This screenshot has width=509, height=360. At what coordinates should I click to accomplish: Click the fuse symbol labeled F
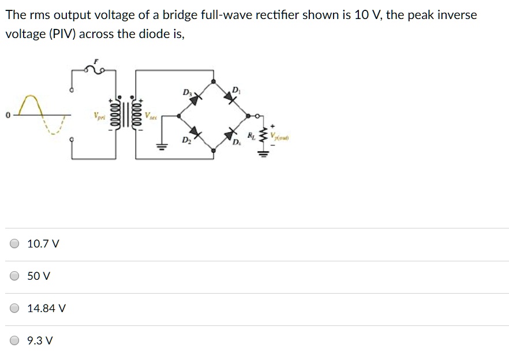(96, 70)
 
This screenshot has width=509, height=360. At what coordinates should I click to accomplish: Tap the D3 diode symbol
(195, 99)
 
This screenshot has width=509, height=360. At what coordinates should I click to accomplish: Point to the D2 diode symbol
(195, 134)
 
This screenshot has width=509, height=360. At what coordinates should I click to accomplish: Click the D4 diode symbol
(232, 134)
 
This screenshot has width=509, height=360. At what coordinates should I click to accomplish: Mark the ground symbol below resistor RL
(265, 153)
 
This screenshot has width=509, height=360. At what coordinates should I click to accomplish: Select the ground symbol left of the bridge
(162, 147)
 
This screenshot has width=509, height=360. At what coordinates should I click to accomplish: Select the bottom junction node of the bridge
(214, 152)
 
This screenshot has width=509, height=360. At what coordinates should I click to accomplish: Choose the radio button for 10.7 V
(16, 244)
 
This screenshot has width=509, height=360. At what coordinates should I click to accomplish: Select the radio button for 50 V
(16, 276)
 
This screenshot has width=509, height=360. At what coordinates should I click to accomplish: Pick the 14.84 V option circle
(16, 309)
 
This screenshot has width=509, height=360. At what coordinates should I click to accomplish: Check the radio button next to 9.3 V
(16, 341)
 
